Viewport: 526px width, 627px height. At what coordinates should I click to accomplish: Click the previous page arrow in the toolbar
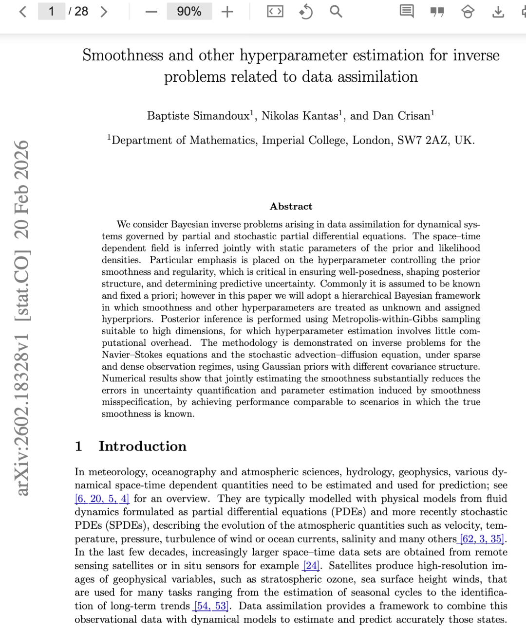[22, 11]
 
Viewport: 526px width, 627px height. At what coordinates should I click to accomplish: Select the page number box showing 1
[51, 11]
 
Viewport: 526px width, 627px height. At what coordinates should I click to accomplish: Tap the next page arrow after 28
[104, 11]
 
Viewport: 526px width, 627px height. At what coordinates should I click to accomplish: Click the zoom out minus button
[151, 12]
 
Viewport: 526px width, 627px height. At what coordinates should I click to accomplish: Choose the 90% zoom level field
[189, 11]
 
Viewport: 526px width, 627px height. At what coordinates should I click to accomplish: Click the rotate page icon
[305, 11]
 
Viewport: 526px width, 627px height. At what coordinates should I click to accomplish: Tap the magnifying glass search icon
[336, 11]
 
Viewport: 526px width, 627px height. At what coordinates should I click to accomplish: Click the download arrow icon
[498, 12]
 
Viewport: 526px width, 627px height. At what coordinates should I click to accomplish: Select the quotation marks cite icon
[437, 12]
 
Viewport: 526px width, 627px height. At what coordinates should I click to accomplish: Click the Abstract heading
[291, 206]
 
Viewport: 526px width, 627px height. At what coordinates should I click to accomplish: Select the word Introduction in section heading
[142, 446]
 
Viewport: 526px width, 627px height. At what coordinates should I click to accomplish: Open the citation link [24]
[311, 566]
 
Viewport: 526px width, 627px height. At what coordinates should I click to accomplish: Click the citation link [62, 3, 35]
[482, 539]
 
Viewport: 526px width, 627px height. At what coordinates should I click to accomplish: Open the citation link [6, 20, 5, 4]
[102, 499]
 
